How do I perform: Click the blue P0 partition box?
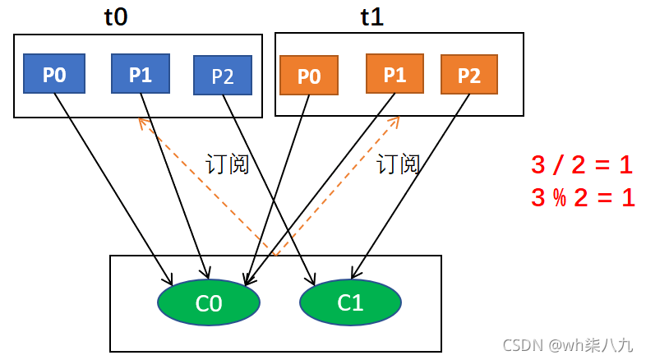click(x=54, y=76)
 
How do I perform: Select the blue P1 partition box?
click(x=141, y=75)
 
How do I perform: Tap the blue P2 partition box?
click(x=222, y=76)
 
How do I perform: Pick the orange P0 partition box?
click(x=308, y=76)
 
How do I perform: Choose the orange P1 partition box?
click(x=395, y=75)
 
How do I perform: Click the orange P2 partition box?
click(x=468, y=76)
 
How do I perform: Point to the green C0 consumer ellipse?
click(x=209, y=302)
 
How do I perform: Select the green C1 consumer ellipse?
click(x=350, y=302)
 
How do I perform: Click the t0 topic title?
click(x=116, y=17)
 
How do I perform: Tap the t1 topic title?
click(x=371, y=17)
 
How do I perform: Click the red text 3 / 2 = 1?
click(x=582, y=165)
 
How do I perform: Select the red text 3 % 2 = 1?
click(x=582, y=198)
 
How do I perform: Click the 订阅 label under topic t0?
click(x=227, y=164)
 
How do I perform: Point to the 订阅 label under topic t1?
click(x=399, y=164)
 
